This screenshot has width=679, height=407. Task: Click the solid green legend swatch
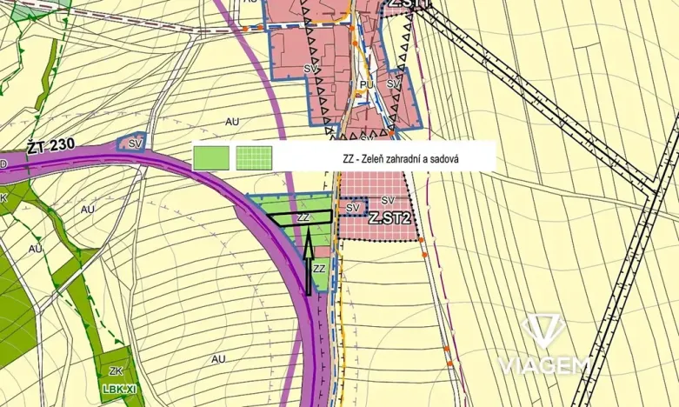click(x=210, y=157)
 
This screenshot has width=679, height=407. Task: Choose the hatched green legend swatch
click(x=254, y=157)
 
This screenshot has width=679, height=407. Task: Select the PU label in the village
click(x=365, y=84)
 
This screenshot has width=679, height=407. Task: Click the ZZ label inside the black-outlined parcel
click(x=303, y=217)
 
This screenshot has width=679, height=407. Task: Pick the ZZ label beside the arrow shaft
click(x=319, y=269)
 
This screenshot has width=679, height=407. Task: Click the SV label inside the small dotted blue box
click(x=352, y=208)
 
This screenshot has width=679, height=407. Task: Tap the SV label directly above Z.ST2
click(x=386, y=201)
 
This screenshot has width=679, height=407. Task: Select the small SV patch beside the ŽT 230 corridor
click(x=135, y=143)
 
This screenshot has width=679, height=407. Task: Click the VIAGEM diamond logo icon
click(x=543, y=331)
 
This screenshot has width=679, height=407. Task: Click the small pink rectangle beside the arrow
click(x=323, y=250)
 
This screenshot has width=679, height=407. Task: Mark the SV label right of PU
click(x=393, y=84)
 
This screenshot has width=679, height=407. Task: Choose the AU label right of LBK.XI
click(x=217, y=358)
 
